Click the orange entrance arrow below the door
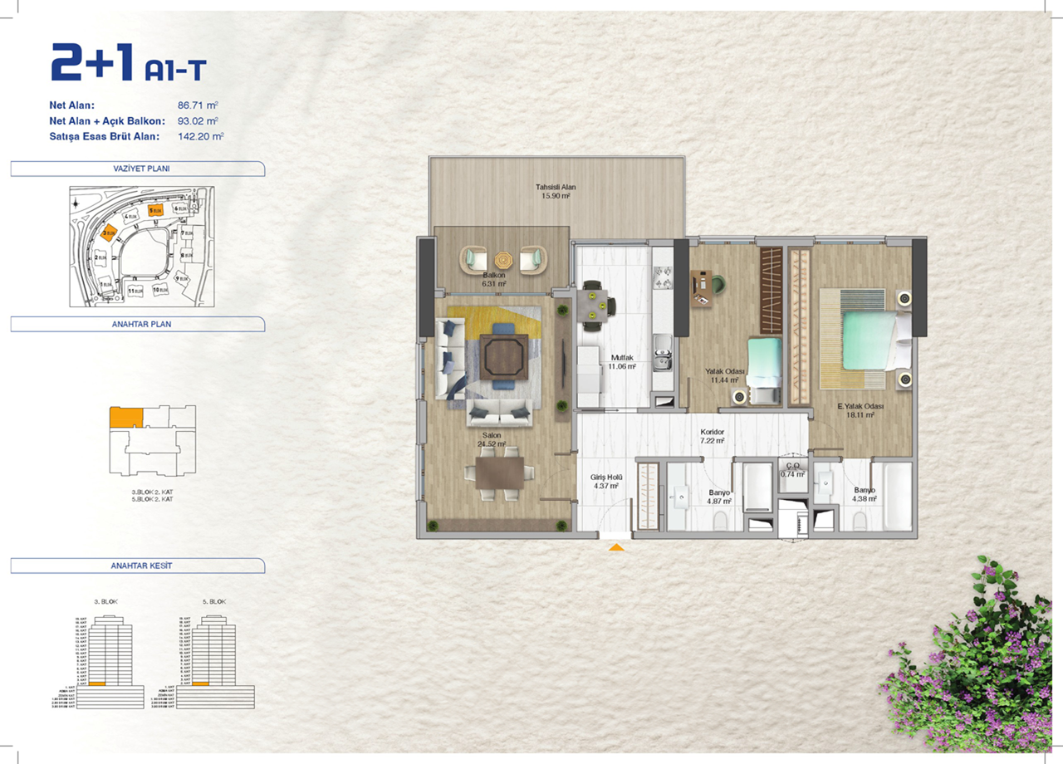pos(615,546)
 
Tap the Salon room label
pos(486,438)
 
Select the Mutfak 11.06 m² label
pos(622,361)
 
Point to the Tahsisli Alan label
pos(556,191)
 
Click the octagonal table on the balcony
pos(504,261)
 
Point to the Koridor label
pos(713,436)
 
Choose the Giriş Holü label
pos(606,482)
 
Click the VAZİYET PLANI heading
pos(136,169)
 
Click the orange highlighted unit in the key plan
pos(126,417)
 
